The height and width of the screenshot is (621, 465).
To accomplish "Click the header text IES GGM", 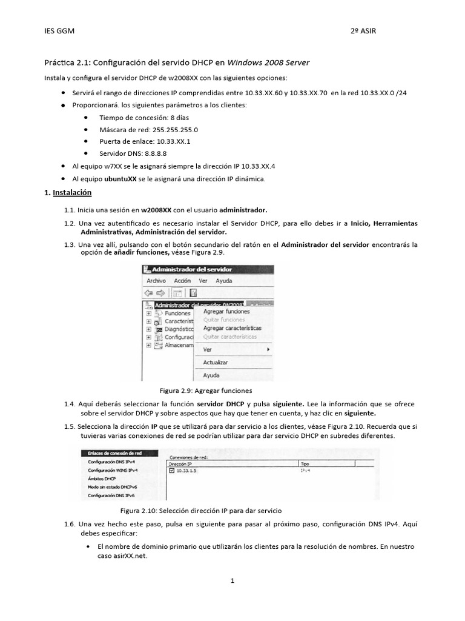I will [x=60, y=31].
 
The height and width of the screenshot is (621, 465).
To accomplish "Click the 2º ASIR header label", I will [x=363, y=31].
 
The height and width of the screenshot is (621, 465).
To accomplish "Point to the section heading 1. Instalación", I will [x=68, y=192].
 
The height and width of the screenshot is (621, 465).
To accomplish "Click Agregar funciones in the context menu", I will [x=226, y=311].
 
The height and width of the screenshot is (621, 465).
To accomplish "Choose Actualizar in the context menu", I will [x=215, y=362].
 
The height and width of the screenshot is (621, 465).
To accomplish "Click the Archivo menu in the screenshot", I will [x=156, y=281].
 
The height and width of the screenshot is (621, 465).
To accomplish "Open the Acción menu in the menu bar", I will [x=182, y=281].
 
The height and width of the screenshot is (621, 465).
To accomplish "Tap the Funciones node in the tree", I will [x=177, y=313].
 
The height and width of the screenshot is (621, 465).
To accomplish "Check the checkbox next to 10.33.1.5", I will [x=172, y=470].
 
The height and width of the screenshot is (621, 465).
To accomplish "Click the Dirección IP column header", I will [x=181, y=463].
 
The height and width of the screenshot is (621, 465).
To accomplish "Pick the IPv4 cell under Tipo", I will [x=305, y=470].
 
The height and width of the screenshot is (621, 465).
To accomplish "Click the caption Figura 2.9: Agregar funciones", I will [x=205, y=391].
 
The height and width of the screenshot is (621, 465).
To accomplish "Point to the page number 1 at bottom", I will [x=232, y=580].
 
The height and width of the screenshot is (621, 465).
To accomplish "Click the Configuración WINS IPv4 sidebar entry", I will [x=113, y=470].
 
